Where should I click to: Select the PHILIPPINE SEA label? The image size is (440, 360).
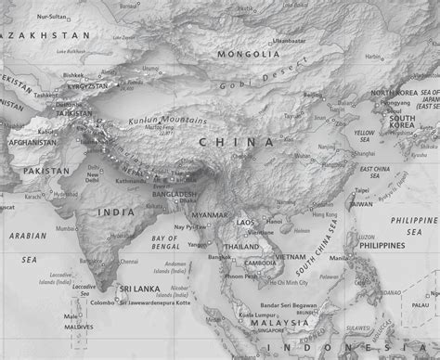[413, 225]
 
